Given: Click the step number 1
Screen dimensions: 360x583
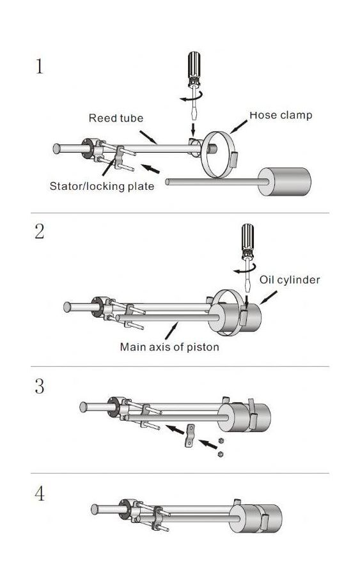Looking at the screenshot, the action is (x=40, y=66).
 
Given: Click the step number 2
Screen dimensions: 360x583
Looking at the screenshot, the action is (x=40, y=231).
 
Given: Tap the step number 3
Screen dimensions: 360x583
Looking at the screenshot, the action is (x=40, y=386).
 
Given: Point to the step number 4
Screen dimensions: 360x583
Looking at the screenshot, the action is (x=40, y=494).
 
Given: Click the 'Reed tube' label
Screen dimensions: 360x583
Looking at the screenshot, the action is (x=116, y=118).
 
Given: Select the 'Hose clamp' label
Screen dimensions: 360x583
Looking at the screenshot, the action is (x=281, y=115).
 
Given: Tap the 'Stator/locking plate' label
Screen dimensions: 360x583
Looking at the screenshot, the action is (x=102, y=186).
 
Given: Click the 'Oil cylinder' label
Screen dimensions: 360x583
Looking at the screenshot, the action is (x=290, y=279).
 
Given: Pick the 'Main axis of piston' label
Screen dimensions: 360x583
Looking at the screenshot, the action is (x=169, y=347).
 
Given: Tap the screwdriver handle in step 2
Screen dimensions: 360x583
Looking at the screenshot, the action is (x=247, y=237).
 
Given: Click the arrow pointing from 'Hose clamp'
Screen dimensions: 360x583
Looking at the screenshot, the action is (x=239, y=127).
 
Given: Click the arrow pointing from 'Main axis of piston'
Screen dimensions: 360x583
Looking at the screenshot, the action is (x=171, y=330).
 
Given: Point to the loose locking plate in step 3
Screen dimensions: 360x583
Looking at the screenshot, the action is (x=190, y=435).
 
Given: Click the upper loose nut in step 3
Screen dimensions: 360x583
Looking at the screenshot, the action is (x=221, y=440).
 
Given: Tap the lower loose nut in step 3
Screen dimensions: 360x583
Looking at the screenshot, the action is (x=221, y=454).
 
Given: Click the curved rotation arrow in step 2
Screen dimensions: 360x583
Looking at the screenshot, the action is (x=245, y=269).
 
